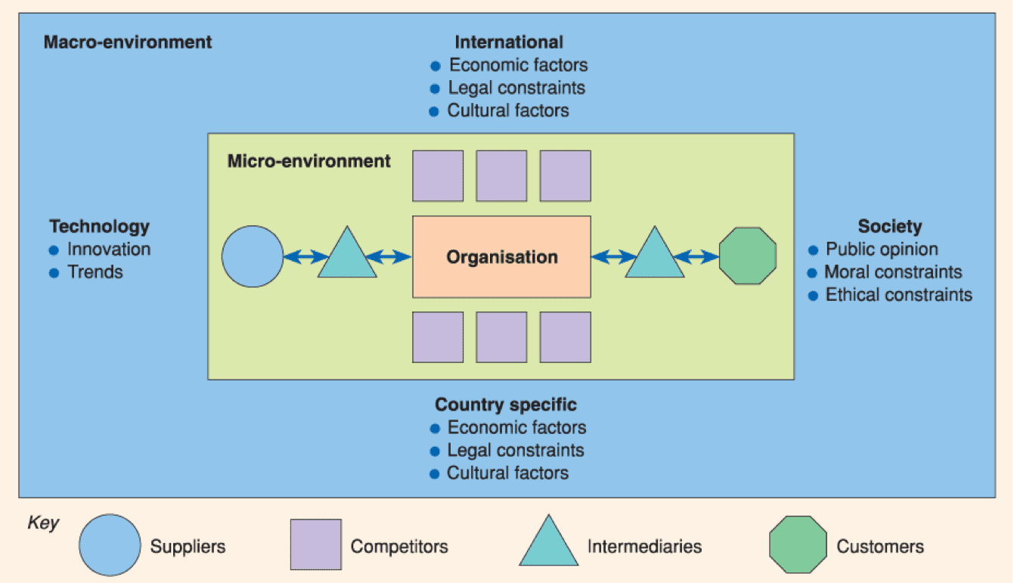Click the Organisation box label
[502, 257]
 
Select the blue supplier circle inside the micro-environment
[253, 256]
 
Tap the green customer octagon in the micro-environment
[748, 256]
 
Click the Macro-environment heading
[128, 42]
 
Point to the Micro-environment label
[309, 161]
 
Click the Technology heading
[100, 227]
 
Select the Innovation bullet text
[109, 250]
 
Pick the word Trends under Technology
[95, 272]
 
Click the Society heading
[890, 227]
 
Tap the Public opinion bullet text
[882, 250]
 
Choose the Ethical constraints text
[899, 295]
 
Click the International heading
[509, 42]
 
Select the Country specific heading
[506, 405]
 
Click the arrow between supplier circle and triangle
[306, 256]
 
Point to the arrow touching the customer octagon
[696, 256]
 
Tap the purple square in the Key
[316, 544]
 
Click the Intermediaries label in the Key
[644, 547]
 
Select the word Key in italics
[43, 523]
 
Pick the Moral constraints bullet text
[893, 272]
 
